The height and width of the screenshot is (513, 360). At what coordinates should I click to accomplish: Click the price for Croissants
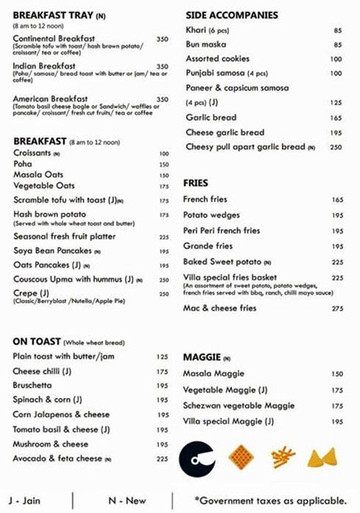[164, 154]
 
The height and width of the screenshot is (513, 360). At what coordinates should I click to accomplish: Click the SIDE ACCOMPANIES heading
[232, 15]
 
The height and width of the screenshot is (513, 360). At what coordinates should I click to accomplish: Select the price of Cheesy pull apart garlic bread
[337, 147]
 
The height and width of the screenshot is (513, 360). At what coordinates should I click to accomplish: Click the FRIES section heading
[197, 182]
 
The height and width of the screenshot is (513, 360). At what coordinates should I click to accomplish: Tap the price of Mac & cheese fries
[337, 309]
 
